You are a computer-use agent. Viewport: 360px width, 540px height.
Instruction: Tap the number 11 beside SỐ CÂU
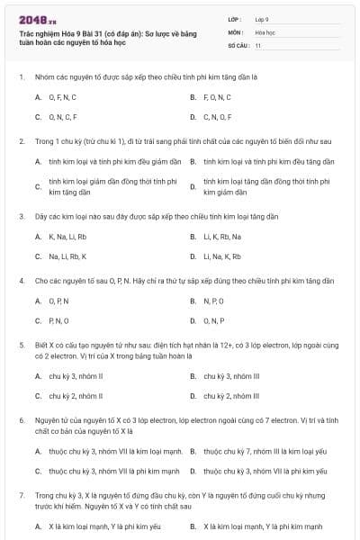click(x=258, y=44)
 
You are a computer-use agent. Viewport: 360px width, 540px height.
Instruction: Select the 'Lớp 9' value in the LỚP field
click(x=262, y=19)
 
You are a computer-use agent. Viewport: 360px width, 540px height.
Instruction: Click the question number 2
click(x=22, y=141)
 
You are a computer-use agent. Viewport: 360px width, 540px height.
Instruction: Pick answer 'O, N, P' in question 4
click(x=213, y=320)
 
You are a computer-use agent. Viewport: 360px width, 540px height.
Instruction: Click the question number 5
click(x=22, y=345)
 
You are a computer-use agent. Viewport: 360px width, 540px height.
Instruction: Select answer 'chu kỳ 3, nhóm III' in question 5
click(x=231, y=376)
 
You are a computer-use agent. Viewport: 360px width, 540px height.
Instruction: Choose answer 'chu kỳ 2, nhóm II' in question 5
click(x=76, y=396)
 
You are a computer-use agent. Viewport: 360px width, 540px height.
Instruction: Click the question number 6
click(x=22, y=420)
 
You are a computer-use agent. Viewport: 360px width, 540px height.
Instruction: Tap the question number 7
click(x=22, y=495)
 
